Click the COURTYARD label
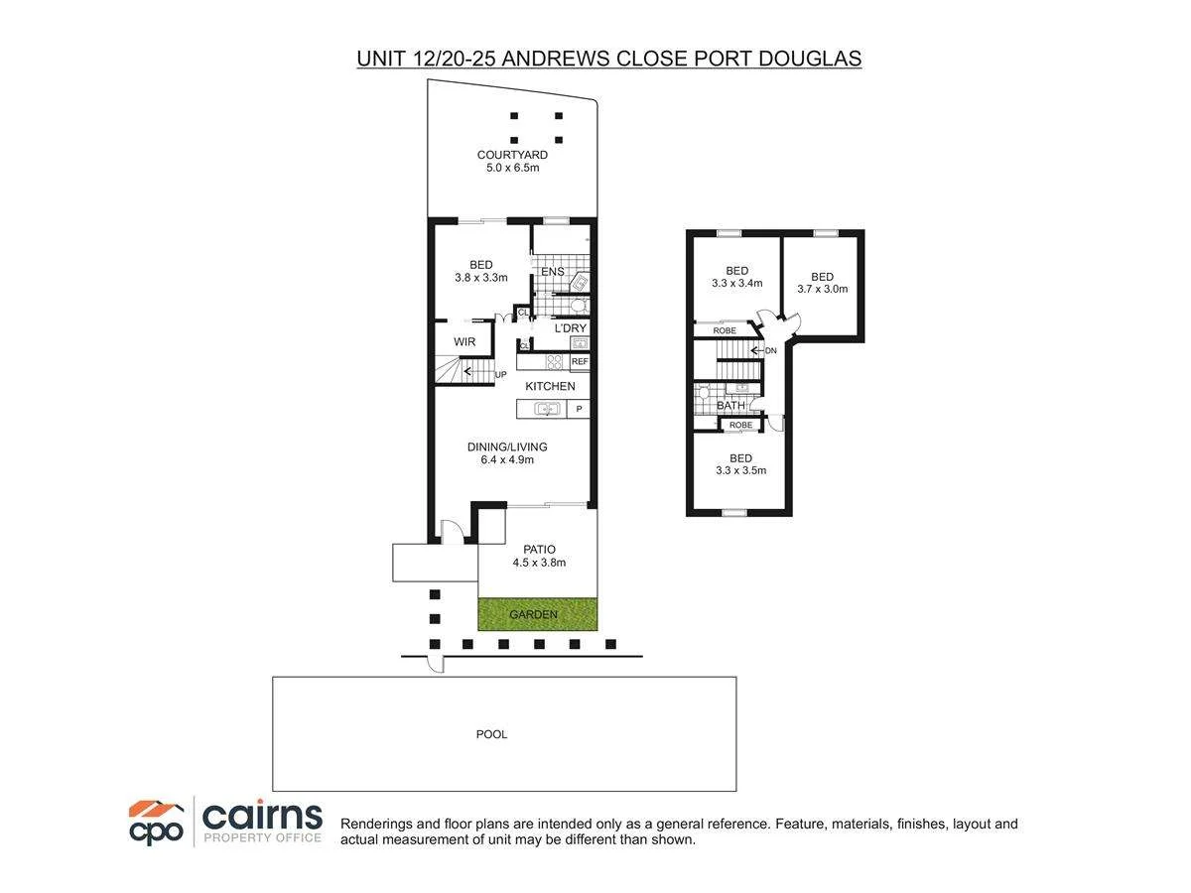tap(512, 155)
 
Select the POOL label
tap(491, 734)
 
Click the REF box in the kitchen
tap(580, 362)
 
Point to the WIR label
tap(464, 342)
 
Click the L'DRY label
tap(570, 328)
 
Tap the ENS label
tap(552, 272)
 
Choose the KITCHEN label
tap(550, 386)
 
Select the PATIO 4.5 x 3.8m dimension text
tap(539, 563)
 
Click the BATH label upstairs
tap(730, 406)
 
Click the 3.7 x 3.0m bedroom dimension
tap(822, 290)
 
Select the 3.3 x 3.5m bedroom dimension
tap(739, 471)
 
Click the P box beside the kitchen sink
tap(579, 409)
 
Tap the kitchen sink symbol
tap(547, 409)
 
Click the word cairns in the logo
tap(262, 816)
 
